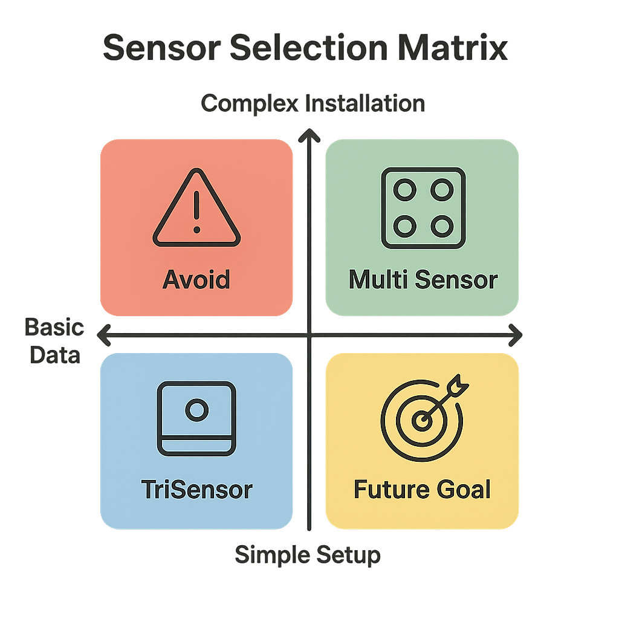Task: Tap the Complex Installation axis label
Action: tap(313, 103)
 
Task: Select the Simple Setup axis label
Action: tap(308, 554)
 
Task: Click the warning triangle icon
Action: tap(196, 208)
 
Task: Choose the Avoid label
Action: tap(196, 280)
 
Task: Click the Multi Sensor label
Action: tap(423, 280)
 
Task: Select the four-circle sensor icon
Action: tap(423, 208)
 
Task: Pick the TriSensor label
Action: tap(196, 489)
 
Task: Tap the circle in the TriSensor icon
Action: tap(196, 411)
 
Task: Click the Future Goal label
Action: tap(422, 489)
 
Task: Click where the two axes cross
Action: tap(310, 335)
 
